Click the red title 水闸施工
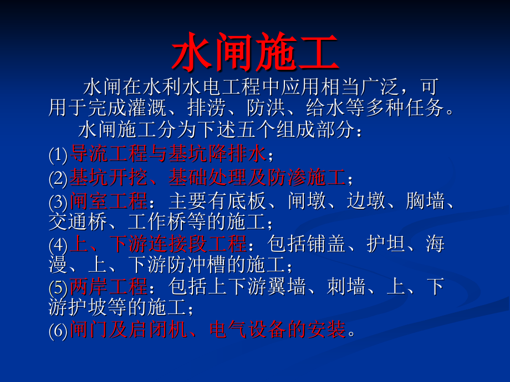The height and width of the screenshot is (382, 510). pos(254,54)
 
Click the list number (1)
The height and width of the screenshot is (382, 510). pos(58,154)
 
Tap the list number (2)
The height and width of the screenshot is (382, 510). pos(58,178)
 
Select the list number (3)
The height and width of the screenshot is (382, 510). pos(58,201)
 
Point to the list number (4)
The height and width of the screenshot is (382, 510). pos(58,244)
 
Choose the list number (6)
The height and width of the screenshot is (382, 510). pos(58,331)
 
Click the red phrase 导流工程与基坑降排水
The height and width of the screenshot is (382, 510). pos(168,154)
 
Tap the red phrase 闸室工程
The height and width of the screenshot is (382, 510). pos(109,200)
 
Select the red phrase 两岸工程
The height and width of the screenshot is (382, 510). pos(109,287)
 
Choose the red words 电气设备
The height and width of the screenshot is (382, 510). pos(248,330)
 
